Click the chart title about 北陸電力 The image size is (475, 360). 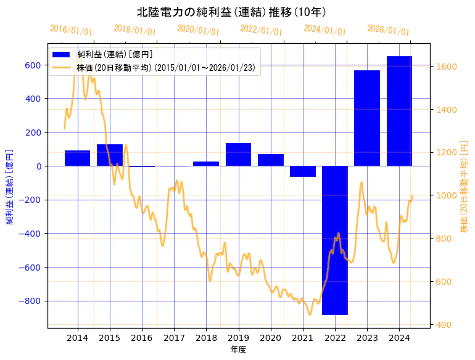click(231, 12)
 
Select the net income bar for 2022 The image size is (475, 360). click(335, 240)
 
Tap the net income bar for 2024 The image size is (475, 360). click(399, 111)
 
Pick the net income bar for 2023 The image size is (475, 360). click(367, 118)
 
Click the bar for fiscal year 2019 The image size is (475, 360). click(238, 154)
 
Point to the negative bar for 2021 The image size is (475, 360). click(303, 171)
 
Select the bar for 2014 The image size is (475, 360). click(78, 158)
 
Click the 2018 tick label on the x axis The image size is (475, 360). click(206, 338)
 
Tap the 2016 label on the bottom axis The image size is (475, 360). click(142, 338)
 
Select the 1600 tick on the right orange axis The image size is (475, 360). click(447, 67)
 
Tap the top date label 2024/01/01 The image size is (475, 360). click(324, 30)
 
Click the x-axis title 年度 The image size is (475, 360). click(239, 350)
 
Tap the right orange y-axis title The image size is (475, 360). click(464, 185)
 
